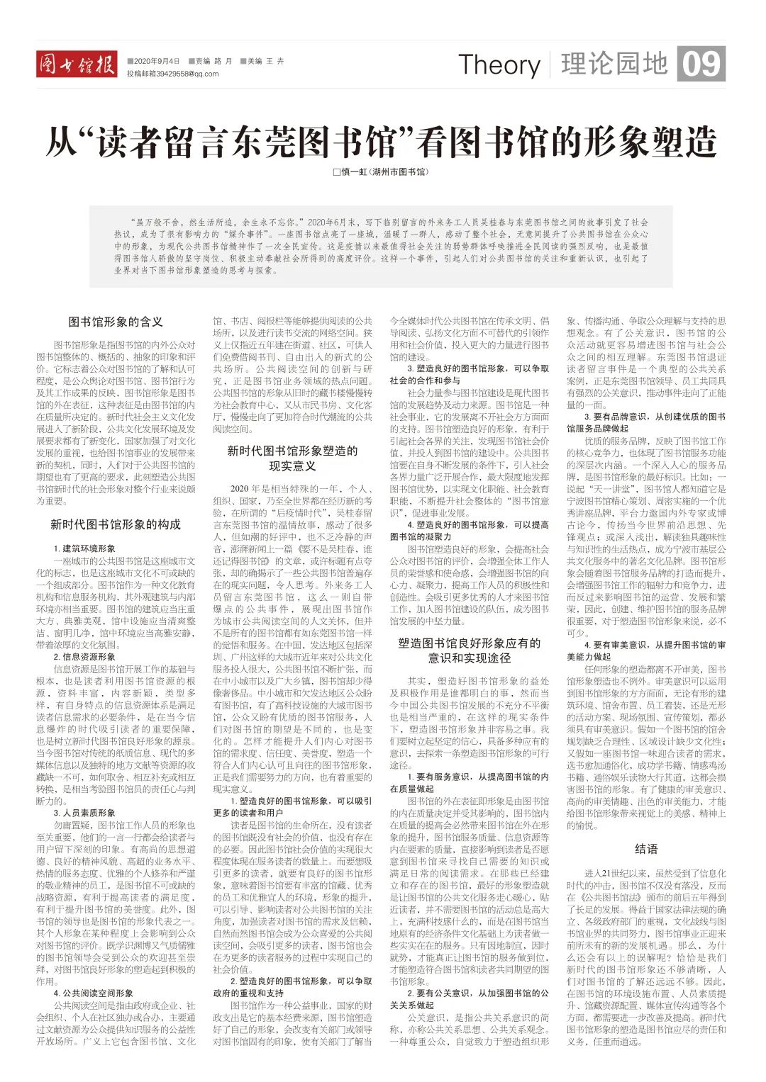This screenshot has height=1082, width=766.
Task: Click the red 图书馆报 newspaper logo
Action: point(77,65)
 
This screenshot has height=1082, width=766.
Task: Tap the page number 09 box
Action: point(701,64)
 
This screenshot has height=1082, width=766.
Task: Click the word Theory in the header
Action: point(499,65)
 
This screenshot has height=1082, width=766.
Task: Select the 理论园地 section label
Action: point(614,64)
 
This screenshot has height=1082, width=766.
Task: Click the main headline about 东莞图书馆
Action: point(382,141)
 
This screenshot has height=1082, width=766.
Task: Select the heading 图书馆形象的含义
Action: point(116,322)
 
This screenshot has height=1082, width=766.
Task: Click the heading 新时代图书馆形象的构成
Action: point(116,524)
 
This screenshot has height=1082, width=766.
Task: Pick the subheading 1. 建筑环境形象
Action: point(84,548)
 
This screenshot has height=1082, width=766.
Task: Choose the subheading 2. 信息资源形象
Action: point(84,657)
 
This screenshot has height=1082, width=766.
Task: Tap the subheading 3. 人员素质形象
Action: point(84,813)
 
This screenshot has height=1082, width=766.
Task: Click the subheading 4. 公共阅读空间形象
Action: point(93,993)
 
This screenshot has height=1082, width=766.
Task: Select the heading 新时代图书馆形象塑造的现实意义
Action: point(292,458)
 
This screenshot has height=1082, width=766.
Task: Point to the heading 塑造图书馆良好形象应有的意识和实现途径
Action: point(469,650)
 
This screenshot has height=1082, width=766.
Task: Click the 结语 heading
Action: point(646,849)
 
